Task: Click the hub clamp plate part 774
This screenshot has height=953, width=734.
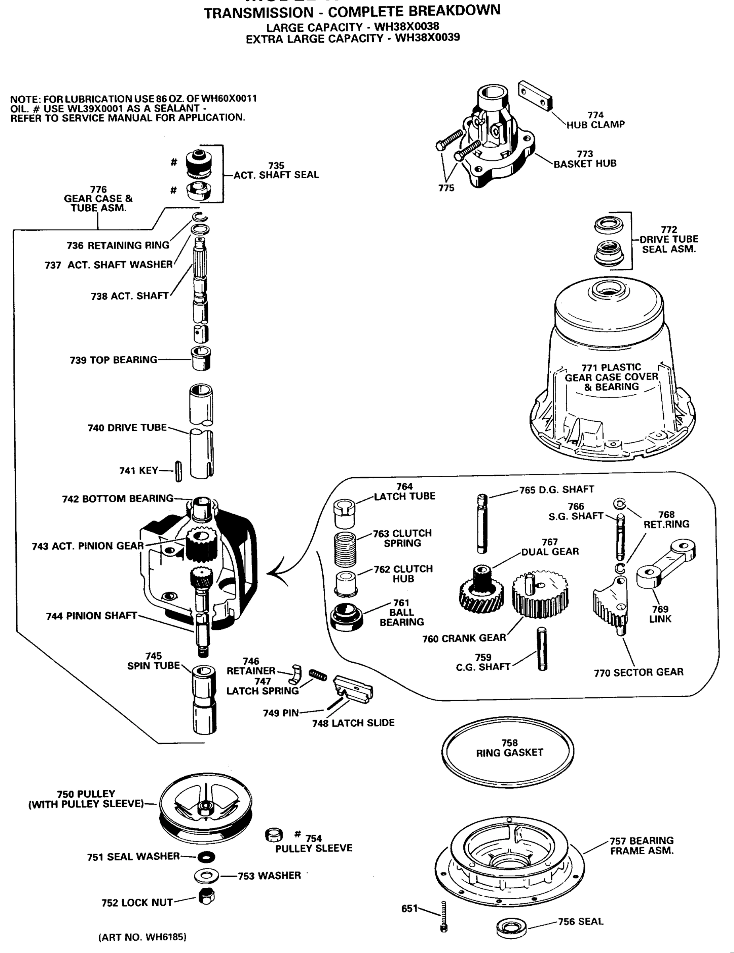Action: (535, 95)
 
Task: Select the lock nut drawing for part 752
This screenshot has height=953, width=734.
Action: (206, 897)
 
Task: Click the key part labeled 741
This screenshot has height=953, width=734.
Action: (178, 471)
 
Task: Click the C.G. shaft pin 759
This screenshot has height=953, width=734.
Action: (542, 648)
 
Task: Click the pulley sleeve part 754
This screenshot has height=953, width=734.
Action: (274, 835)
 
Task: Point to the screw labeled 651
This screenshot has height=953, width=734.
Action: (444, 916)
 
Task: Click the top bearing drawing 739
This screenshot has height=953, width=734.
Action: (201, 359)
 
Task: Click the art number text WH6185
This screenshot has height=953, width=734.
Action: (142, 937)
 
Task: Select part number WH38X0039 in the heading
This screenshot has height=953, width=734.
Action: (427, 38)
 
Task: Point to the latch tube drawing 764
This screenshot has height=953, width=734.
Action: (345, 513)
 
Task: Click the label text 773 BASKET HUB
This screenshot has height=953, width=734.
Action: (584, 159)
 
